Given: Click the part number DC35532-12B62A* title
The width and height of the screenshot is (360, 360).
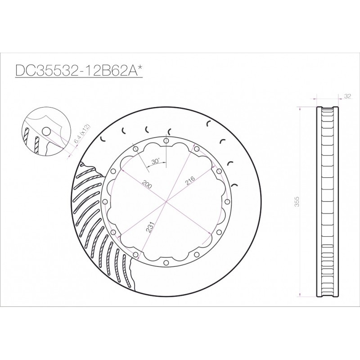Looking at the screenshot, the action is (x=79, y=70).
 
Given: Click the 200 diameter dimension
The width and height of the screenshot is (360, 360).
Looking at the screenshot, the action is (x=147, y=184).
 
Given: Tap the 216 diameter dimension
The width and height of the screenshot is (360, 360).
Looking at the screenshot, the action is (x=189, y=180).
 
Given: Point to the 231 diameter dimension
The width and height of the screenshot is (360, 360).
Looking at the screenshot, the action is (x=149, y=227).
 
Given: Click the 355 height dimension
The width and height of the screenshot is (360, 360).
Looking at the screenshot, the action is (x=297, y=202).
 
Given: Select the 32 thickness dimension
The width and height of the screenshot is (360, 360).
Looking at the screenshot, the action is (x=348, y=96).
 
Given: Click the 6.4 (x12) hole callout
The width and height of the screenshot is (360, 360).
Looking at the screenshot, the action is (x=82, y=134).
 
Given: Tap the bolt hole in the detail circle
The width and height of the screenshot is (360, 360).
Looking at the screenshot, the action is (x=47, y=131).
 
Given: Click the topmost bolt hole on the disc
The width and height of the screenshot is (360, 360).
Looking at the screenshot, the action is (x=166, y=141).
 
